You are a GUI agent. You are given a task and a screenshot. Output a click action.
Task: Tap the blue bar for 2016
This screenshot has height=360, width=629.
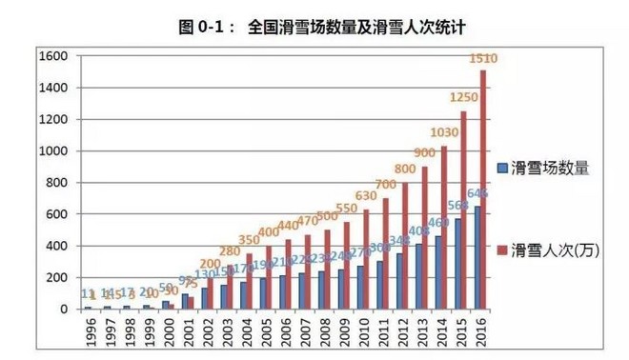coord(475,258)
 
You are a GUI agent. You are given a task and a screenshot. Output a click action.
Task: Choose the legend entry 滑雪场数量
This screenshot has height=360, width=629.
coord(548,169)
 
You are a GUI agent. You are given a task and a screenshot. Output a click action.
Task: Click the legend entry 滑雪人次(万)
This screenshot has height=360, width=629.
coord(554,250)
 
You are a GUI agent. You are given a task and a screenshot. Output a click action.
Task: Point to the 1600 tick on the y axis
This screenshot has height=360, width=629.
coord(56,56)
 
